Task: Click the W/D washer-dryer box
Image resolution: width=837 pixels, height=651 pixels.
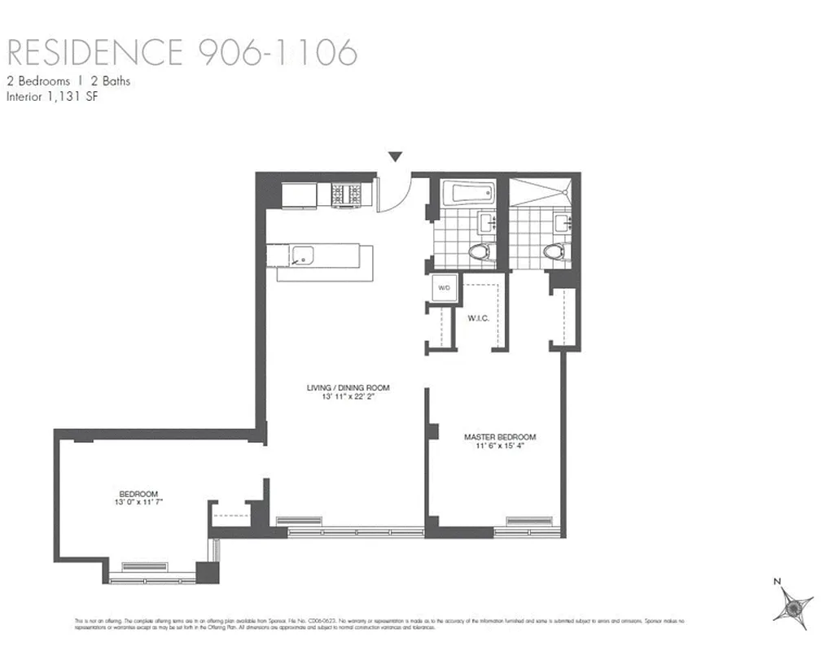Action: pyautogui.click(x=445, y=288)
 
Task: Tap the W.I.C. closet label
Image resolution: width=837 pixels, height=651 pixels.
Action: pyautogui.click(x=478, y=317)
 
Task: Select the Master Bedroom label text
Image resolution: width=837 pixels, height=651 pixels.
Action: pyautogui.click(x=500, y=437)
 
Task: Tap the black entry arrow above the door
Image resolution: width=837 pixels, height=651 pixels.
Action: pyautogui.click(x=396, y=157)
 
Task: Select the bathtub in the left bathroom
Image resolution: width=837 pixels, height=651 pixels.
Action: pyautogui.click(x=467, y=194)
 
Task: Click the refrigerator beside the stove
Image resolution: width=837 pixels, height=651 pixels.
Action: pyautogui.click(x=299, y=196)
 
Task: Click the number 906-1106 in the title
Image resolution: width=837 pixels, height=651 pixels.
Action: pyautogui.click(x=277, y=52)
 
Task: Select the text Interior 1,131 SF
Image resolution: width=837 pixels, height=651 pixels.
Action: pyautogui.click(x=52, y=97)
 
